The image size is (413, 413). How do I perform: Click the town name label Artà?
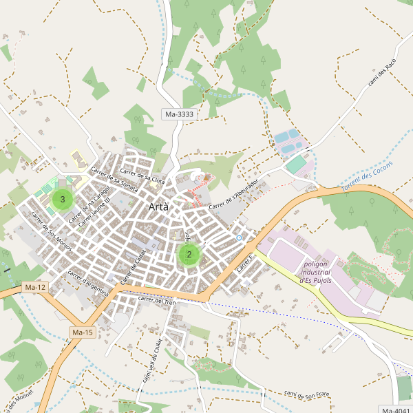point(159,207)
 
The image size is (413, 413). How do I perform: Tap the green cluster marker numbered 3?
point(63,200)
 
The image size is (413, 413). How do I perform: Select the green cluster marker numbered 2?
point(189,254)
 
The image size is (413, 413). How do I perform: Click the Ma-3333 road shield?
point(179,114)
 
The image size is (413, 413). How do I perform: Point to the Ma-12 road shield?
point(34,286)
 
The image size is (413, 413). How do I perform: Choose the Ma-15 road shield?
point(82,332)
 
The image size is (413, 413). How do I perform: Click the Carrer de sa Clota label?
point(142,175)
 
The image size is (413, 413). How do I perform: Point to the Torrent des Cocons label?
point(367,178)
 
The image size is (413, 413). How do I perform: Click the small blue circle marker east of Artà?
point(239,238)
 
